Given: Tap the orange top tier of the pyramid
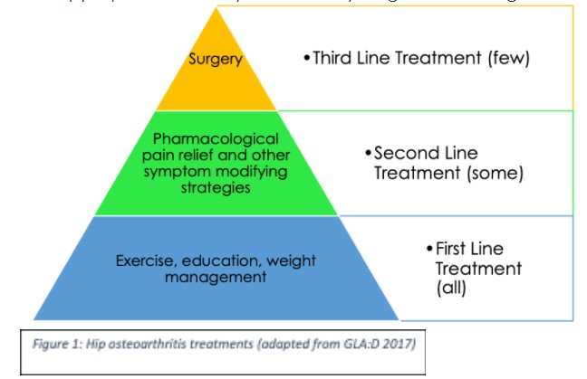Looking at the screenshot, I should (x=216, y=86).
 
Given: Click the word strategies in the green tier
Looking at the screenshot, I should (x=216, y=189).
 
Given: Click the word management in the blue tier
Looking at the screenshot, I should (x=216, y=277).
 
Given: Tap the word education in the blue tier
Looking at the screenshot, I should (x=217, y=261).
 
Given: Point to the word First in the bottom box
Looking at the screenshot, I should (x=455, y=249).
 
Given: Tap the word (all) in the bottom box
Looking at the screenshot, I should (x=450, y=289).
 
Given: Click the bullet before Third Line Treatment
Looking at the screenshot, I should (x=306, y=58).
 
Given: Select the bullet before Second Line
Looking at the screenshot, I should (x=368, y=154).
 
